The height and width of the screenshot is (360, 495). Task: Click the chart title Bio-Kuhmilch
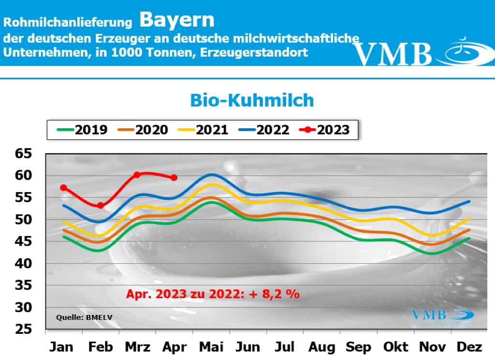[252, 100]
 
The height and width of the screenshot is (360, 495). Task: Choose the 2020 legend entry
[143, 130]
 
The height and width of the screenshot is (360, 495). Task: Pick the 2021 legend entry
[204, 130]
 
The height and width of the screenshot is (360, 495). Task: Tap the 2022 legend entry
[264, 130]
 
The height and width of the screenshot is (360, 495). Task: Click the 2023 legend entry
[324, 130]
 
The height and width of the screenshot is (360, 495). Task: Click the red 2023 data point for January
[63, 187]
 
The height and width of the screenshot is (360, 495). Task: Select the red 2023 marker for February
[100, 205]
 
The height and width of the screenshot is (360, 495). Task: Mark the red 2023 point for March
[137, 175]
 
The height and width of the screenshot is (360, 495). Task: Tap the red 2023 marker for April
[174, 178]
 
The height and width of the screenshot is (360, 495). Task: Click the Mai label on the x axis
[211, 347]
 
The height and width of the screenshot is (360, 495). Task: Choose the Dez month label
[469, 347]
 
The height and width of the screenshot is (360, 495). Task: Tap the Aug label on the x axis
[321, 347]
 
